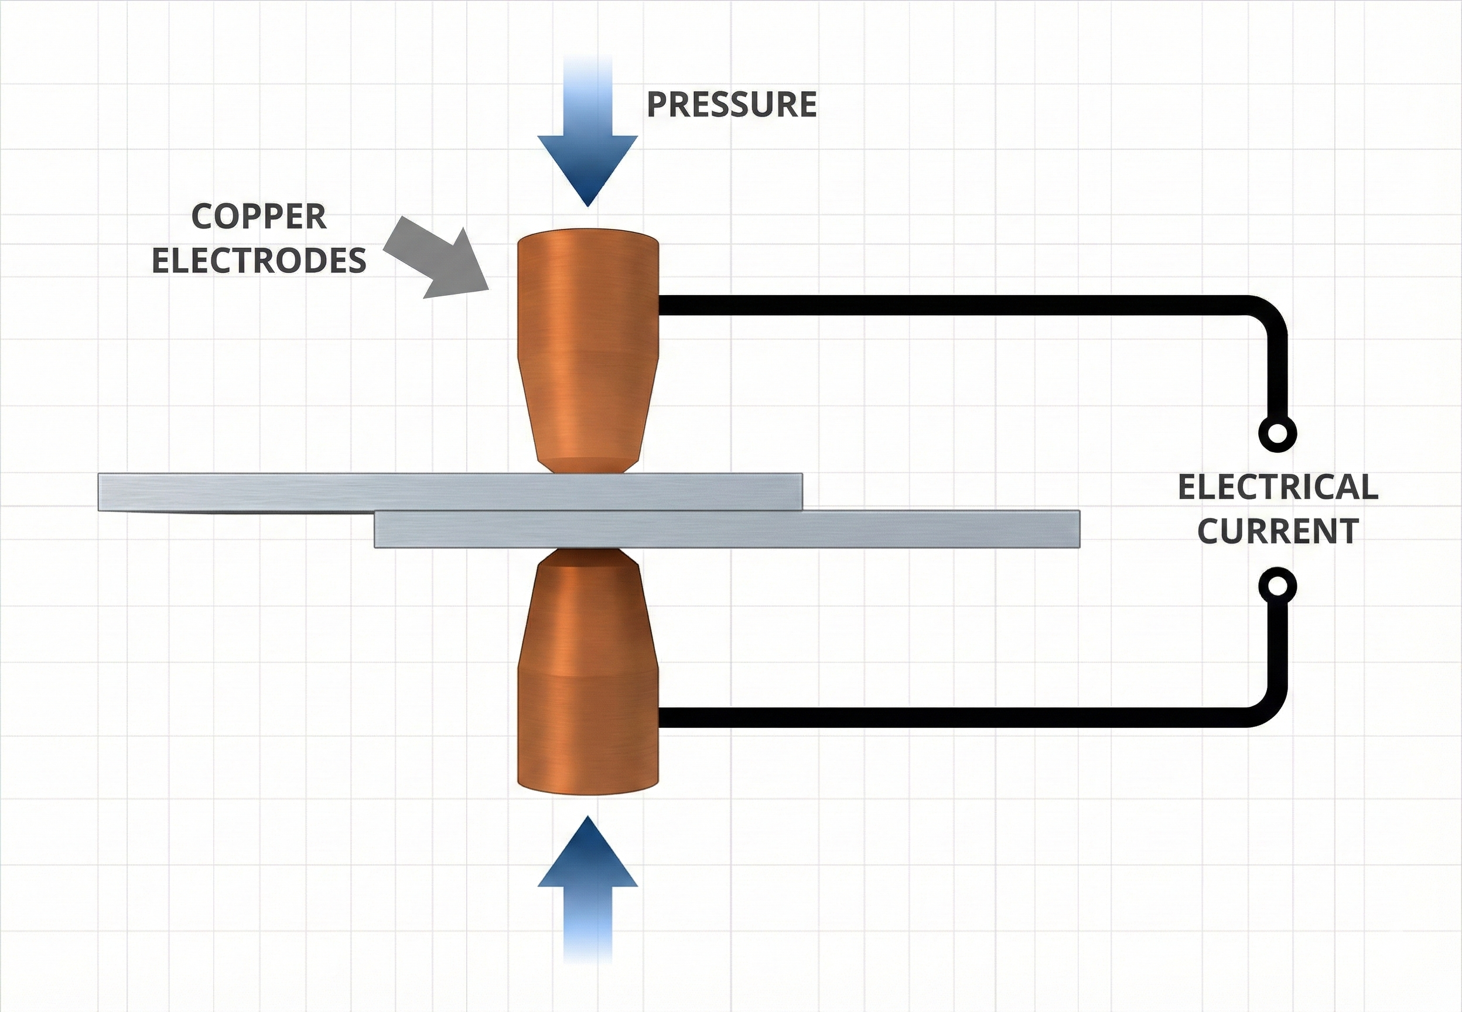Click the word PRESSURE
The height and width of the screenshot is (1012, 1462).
731,105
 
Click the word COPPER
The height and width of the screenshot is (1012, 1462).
259,217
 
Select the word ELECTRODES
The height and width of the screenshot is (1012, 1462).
259,261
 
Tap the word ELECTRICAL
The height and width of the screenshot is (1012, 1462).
1277,487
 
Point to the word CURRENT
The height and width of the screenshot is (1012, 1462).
1277,531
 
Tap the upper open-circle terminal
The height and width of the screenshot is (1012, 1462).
1277,435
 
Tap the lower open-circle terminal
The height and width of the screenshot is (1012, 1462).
1277,586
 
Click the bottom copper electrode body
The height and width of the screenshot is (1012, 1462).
587,698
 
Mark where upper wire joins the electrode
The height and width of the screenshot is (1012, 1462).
662,305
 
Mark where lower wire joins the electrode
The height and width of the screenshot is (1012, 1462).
662,717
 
